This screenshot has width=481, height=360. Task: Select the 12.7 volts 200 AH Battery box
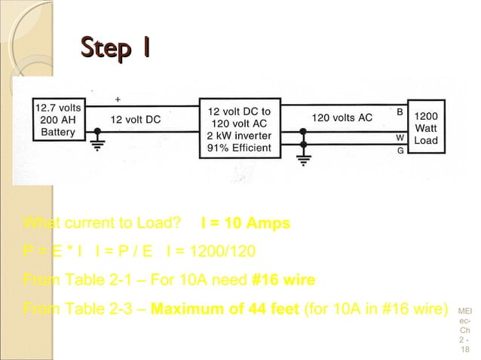(x=57, y=121)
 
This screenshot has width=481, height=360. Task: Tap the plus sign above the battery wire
(x=117, y=99)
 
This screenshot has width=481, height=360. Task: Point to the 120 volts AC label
(x=342, y=118)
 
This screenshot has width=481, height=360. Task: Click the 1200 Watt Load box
(x=426, y=129)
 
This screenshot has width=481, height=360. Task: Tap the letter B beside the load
(x=400, y=111)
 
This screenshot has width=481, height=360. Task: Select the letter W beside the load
(x=400, y=138)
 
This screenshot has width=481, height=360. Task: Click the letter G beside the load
(x=400, y=151)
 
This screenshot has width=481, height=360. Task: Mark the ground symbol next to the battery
(x=96, y=145)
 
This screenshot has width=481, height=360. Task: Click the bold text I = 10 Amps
(x=245, y=224)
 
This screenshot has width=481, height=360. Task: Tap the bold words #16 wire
(x=283, y=280)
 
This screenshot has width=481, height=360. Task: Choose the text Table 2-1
(x=103, y=280)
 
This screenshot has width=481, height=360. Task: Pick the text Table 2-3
(x=103, y=309)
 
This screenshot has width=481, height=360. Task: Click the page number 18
(x=464, y=351)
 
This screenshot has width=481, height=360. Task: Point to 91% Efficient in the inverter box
(x=239, y=148)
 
